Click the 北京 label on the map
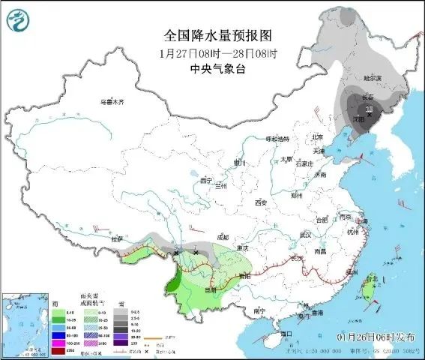click(x=317, y=136)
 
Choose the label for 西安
click(x=261, y=203)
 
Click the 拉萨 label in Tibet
click(x=116, y=238)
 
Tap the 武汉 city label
click(x=304, y=235)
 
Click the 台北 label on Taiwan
click(x=370, y=279)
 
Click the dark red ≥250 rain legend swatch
click(x=55, y=349)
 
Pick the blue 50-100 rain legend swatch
click(x=55, y=328)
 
